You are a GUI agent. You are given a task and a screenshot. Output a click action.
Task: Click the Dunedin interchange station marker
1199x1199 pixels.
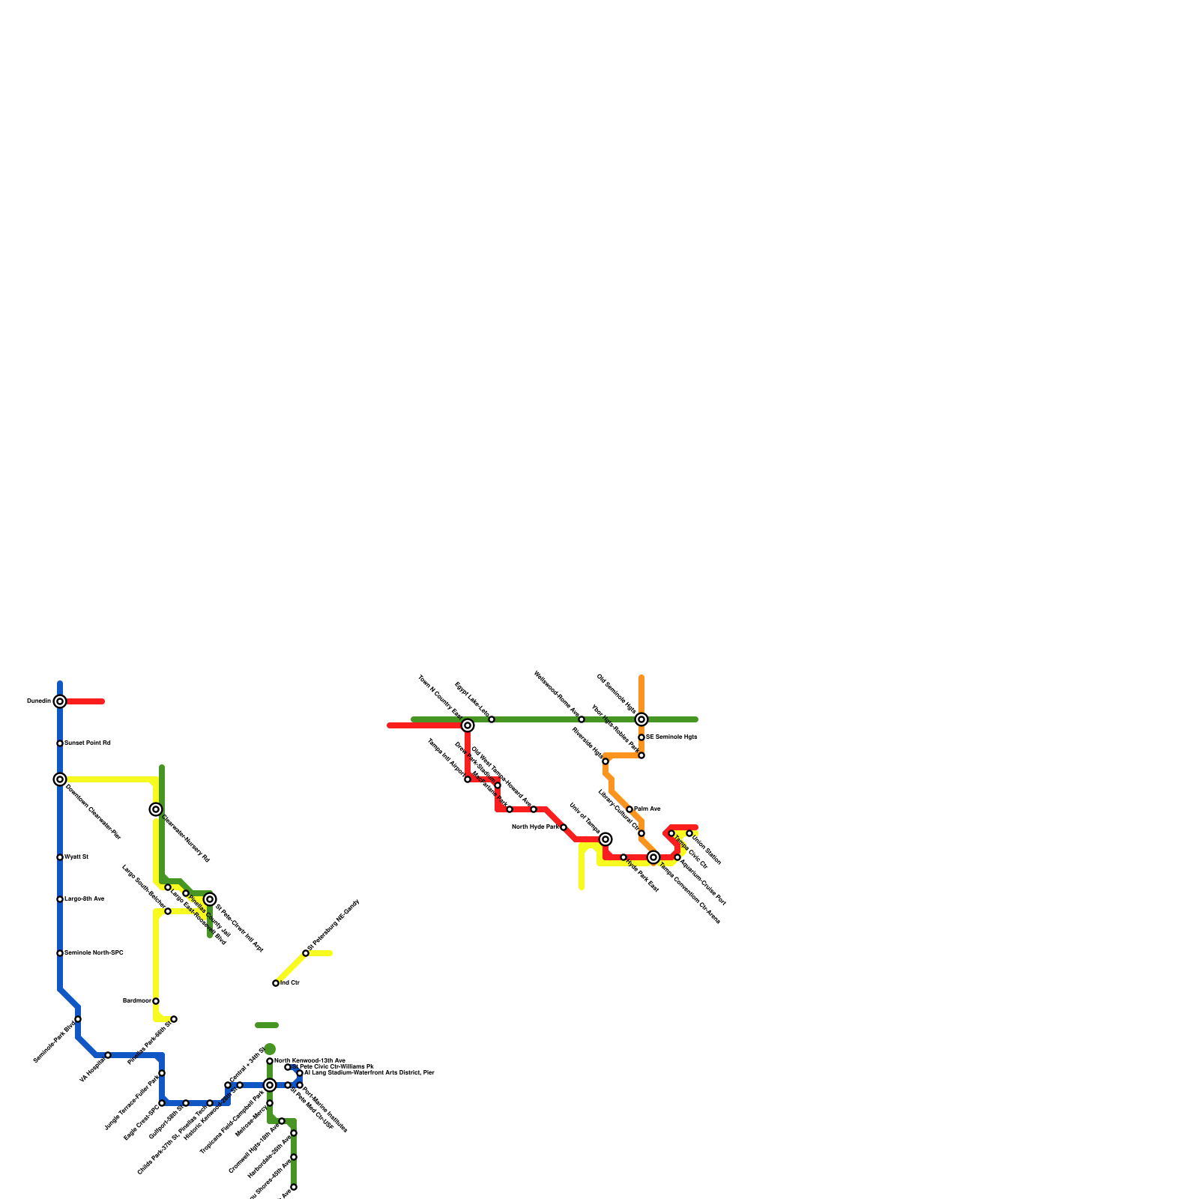[x=60, y=701]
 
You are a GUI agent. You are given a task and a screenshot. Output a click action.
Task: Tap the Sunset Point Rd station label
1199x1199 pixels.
[x=88, y=743]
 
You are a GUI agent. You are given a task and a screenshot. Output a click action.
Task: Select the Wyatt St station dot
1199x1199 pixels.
[x=60, y=857]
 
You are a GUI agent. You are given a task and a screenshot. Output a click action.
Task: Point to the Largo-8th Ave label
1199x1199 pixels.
[x=85, y=899]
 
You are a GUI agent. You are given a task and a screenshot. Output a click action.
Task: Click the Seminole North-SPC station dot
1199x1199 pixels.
[x=60, y=953]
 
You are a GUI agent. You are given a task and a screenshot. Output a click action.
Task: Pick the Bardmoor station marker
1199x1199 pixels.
[x=156, y=1001]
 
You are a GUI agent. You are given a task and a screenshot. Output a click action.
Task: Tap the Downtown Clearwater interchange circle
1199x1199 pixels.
[x=60, y=779]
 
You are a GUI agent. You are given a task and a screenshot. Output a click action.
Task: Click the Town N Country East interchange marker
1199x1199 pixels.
[x=468, y=725]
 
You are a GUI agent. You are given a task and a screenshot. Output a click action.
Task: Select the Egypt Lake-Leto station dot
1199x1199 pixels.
[x=492, y=719]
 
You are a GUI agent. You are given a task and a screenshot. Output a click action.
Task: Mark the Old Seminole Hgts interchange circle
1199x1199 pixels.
[x=641, y=719]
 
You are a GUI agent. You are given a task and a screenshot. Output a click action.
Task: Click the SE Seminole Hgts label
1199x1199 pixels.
[x=671, y=737]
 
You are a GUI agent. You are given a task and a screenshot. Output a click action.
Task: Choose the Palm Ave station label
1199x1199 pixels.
[x=647, y=809]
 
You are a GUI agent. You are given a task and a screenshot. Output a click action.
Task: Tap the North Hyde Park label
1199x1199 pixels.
[x=535, y=827]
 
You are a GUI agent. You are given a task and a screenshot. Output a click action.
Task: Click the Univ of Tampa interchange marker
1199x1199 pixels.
[x=605, y=839]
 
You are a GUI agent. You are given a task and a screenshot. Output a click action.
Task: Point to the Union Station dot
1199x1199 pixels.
[x=689, y=833]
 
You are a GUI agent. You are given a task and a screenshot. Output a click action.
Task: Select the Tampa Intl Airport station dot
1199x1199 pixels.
[x=468, y=779]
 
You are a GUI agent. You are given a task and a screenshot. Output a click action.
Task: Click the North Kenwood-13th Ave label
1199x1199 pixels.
[x=309, y=1061]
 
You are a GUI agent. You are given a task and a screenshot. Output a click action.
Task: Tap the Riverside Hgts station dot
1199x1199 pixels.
[x=605, y=761]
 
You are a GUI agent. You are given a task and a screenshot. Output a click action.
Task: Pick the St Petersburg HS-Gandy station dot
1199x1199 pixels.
[x=306, y=953]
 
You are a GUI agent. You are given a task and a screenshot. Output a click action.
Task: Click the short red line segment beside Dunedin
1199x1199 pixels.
[x=86, y=701]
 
